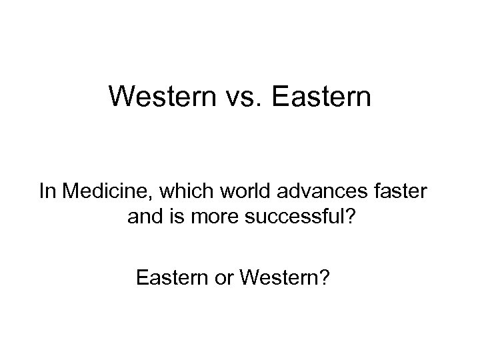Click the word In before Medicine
(x=47, y=193)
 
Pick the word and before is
(x=141, y=217)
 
